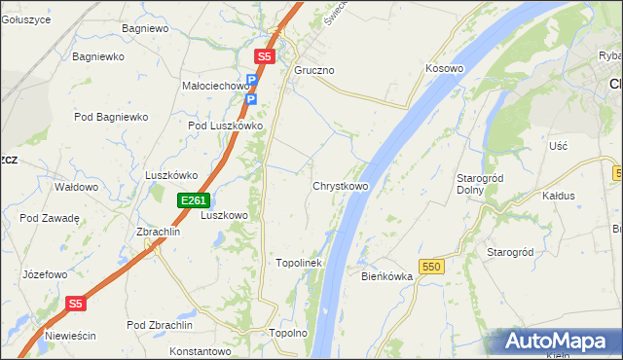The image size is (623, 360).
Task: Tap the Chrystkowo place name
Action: coord(340,186)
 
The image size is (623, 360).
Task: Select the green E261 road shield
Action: coord(193,200)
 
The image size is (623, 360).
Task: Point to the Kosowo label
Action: coord(444,70)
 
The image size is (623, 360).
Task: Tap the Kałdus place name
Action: coord(559,196)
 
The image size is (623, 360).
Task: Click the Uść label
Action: coord(558,145)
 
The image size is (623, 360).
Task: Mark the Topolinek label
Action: coord(298,264)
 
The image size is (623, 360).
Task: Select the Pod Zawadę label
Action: coord(49,218)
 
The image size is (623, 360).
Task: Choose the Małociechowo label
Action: coord(216,86)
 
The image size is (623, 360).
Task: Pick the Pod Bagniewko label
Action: coord(110,118)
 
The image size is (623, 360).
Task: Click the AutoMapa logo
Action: coord(554,342)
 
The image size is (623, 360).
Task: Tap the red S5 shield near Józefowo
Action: coord(77,304)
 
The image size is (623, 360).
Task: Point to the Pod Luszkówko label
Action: coord(226,126)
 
